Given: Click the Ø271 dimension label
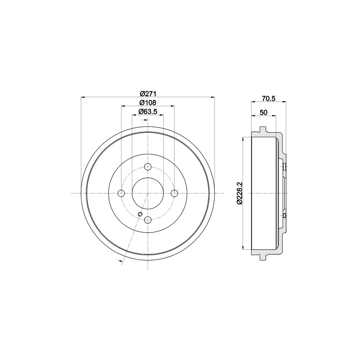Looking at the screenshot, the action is click(x=148, y=94).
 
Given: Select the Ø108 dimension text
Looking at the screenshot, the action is click(x=148, y=103).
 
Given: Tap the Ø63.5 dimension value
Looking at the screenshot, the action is click(x=148, y=112).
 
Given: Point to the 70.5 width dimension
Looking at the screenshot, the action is click(x=268, y=99).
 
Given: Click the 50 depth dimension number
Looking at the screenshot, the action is click(x=264, y=112).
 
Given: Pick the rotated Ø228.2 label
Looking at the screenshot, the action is click(x=239, y=193).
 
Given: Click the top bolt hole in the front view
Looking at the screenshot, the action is click(x=148, y=166).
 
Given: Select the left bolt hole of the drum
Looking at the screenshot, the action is click(x=121, y=193).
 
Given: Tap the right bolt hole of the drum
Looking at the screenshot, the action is click(x=175, y=193).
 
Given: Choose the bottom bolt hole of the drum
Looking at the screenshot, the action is click(x=148, y=220).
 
